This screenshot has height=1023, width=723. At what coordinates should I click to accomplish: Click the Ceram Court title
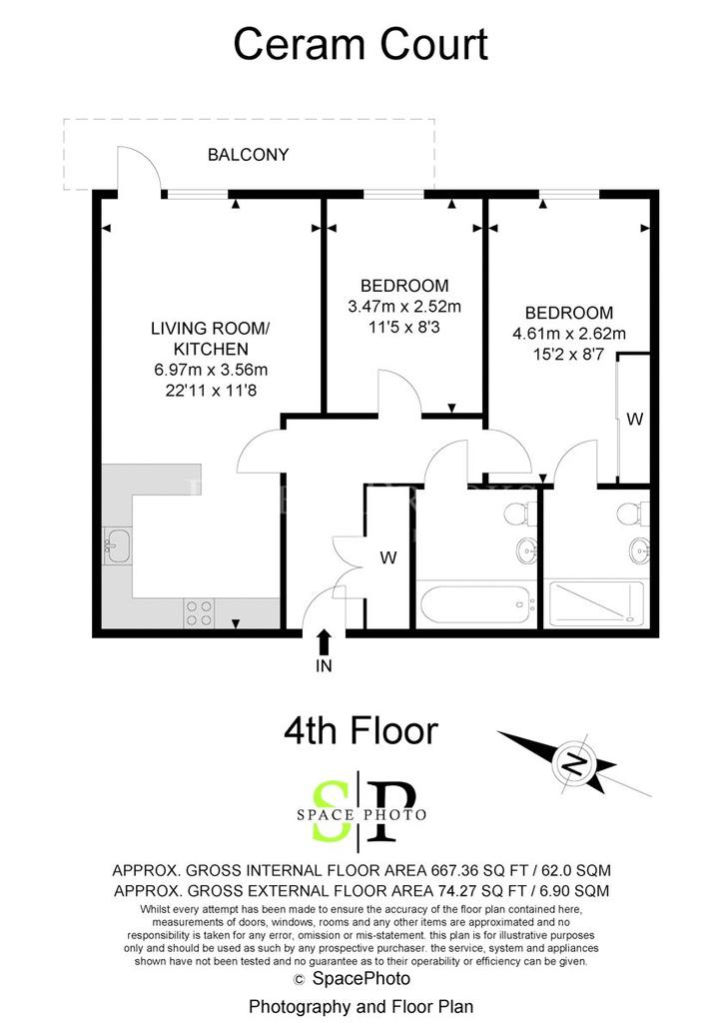coord(361,44)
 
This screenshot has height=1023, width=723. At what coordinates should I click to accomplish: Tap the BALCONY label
coord(248,155)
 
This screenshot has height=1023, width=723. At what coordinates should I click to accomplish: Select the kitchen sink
coord(118,546)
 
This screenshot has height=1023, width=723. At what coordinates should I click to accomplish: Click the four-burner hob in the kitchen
coord(200,613)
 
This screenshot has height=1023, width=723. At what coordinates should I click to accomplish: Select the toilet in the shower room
coord(633,513)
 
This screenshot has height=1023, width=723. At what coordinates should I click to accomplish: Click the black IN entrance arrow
coord(324,641)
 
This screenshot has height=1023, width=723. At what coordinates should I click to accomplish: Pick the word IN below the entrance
coord(324,665)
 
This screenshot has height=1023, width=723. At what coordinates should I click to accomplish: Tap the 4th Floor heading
coord(361,730)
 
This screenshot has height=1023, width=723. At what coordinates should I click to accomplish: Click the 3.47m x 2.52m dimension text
coord(404,306)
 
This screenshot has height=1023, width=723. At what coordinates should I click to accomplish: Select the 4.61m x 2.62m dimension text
coord(569,334)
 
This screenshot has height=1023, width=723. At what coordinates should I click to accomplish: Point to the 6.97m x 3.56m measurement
coord(211,370)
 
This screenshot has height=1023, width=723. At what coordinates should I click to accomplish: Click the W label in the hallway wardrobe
coord(388,557)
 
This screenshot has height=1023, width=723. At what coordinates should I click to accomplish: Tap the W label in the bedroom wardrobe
coord(634,419)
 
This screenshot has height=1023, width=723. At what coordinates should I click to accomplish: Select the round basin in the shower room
coord(639,549)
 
